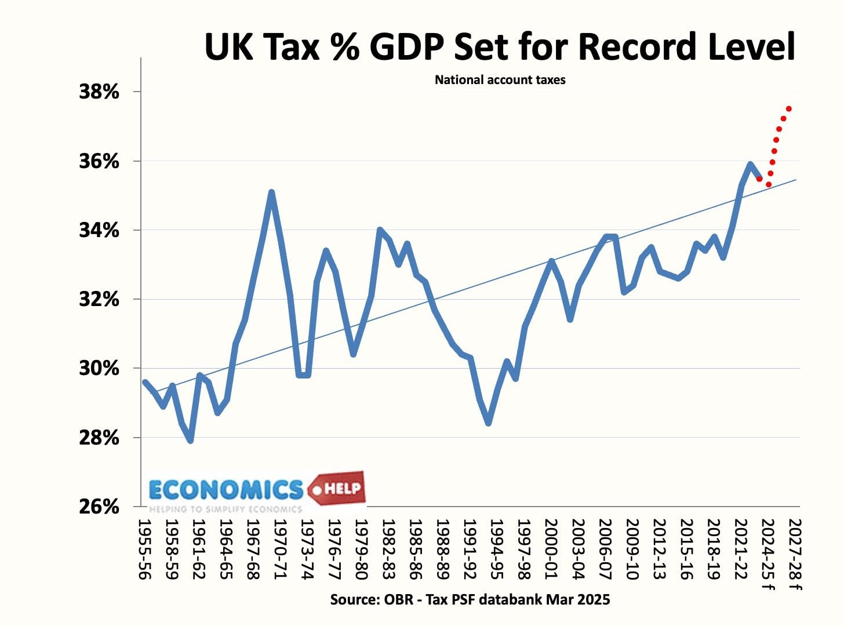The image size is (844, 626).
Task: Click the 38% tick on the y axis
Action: (99, 92)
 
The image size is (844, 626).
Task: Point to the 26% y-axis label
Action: (99, 507)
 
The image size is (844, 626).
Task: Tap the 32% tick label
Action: (99, 299)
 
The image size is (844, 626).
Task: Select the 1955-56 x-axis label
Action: (144, 549)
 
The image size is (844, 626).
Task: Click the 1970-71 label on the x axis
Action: (280, 549)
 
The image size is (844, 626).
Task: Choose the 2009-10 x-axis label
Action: (632, 549)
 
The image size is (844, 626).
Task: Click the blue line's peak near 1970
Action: (271, 192)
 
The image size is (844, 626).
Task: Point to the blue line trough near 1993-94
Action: (489, 423)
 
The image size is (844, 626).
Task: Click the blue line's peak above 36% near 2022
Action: (750, 164)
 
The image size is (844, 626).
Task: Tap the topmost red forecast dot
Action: (789, 108)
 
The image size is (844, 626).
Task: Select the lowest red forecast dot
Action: (769, 185)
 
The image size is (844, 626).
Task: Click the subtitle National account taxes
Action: (500, 80)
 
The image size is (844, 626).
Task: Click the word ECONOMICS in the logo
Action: (226, 490)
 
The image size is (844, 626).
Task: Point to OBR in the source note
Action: (398, 599)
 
